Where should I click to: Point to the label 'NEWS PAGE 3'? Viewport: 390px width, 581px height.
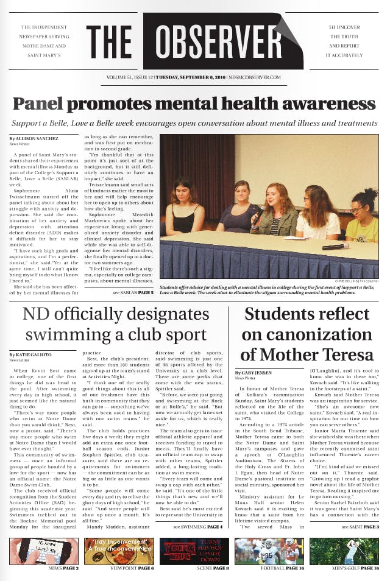pos(63,568)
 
